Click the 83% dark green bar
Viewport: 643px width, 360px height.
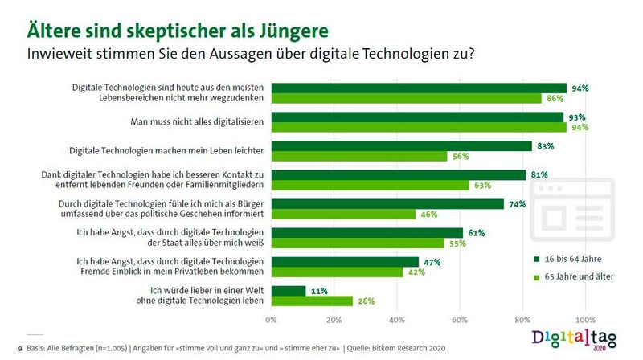401,146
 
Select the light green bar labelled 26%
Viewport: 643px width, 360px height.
312,301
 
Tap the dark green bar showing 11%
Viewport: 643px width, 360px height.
289,290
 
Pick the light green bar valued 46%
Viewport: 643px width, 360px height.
343,215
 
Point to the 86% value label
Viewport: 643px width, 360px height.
555,98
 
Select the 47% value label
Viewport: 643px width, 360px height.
432,261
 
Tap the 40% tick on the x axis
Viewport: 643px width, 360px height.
396,320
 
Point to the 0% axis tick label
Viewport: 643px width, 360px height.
271,320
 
